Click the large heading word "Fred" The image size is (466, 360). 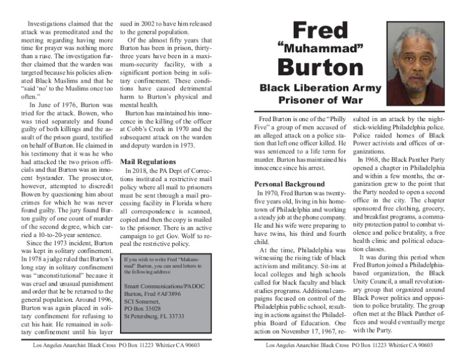[320, 31]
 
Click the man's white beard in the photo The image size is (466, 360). [418, 80]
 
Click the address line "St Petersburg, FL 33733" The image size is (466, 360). [155, 316]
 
